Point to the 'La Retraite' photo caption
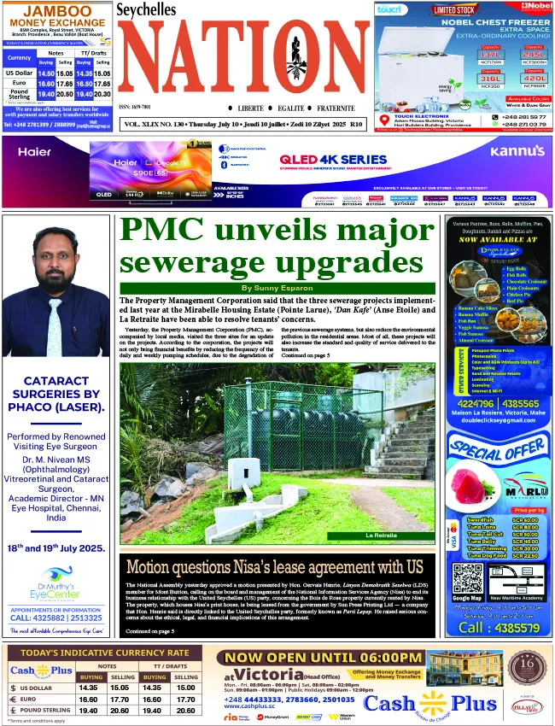click(x=380, y=536)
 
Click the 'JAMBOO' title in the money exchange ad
click(x=57, y=10)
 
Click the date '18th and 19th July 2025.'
click(x=57, y=548)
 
